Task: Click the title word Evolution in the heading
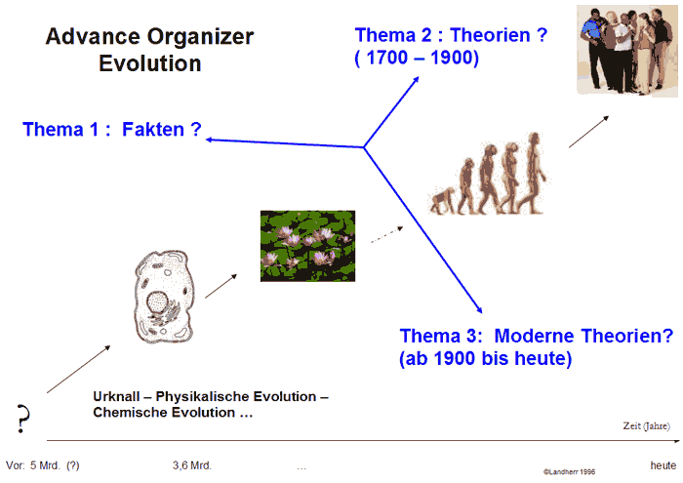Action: pyautogui.click(x=149, y=65)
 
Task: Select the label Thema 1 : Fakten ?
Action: pyautogui.click(x=110, y=129)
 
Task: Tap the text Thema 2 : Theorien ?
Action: pyautogui.click(x=451, y=36)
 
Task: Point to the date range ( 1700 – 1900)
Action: pyautogui.click(x=417, y=59)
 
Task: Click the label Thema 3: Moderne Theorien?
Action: pyautogui.click(x=536, y=337)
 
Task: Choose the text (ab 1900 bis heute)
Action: pyautogui.click(x=485, y=359)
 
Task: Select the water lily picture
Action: pyautogui.click(x=307, y=246)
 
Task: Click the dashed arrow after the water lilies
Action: pyautogui.click(x=387, y=234)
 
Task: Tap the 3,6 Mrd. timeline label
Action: pyautogui.click(x=191, y=465)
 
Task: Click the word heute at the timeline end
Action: pyautogui.click(x=663, y=465)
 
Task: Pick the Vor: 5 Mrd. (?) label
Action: pyautogui.click(x=43, y=465)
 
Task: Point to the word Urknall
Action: pyautogui.click(x=119, y=397)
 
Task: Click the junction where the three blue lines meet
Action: pyautogui.click(x=364, y=148)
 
